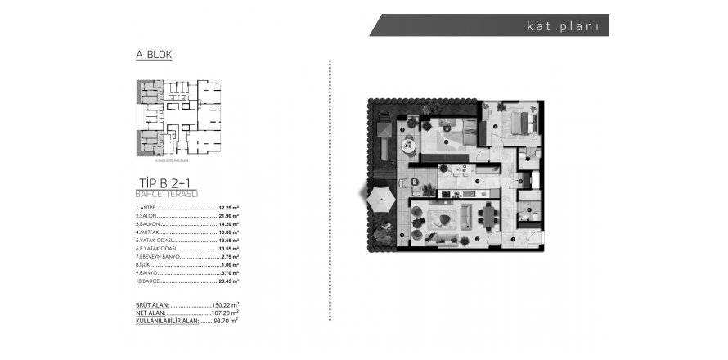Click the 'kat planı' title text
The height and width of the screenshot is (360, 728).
coord(564,25)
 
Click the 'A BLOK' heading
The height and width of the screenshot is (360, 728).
coord(153,56)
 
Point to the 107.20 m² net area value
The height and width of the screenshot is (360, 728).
coord(225,313)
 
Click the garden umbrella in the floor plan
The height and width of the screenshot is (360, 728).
coord(381,197)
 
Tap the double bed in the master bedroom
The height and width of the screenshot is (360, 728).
coord(520,122)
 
